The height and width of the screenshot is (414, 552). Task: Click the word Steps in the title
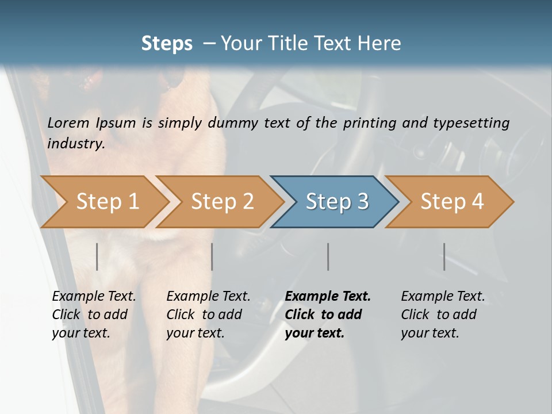[x=167, y=44]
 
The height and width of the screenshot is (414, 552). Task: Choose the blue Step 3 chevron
[x=337, y=202]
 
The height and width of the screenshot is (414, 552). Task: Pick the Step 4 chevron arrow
[x=452, y=202]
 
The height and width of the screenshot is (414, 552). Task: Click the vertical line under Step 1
[x=97, y=256]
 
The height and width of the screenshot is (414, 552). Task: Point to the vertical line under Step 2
[x=212, y=256]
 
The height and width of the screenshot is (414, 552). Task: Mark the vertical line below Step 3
[x=328, y=256]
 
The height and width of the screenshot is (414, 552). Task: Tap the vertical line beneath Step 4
[x=444, y=256]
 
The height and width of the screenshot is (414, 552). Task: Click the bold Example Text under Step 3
[x=328, y=297]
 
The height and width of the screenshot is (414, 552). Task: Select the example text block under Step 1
[x=94, y=315]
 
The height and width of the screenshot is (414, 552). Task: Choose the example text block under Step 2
[x=208, y=315]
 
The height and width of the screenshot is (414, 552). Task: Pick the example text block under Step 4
[x=443, y=315]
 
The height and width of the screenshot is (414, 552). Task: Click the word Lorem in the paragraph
[x=68, y=123]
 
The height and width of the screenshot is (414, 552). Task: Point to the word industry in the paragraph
[x=76, y=144]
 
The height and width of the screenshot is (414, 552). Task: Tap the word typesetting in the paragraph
[x=471, y=123]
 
